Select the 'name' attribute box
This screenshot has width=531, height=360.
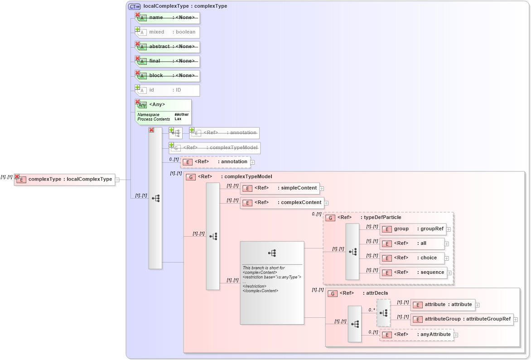[168, 18]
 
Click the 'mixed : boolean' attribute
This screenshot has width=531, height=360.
[168, 32]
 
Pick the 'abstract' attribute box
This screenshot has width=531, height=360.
[168, 47]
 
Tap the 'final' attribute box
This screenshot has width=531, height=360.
[168, 61]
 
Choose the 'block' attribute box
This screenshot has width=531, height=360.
[168, 76]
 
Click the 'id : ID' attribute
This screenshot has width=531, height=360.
[168, 90]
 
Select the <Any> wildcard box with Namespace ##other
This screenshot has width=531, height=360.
[163, 112]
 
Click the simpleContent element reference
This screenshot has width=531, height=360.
[280, 188]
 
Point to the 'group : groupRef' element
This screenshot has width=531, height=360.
[412, 229]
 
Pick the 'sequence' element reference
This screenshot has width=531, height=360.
[413, 272]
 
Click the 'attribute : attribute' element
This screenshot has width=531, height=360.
[442, 305]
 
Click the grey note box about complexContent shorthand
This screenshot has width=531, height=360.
[272, 282]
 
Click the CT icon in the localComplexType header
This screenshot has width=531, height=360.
[135, 6]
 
